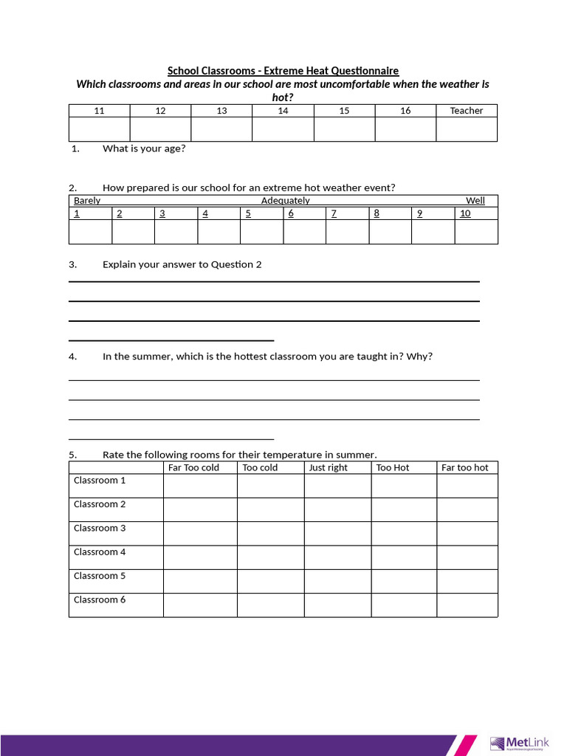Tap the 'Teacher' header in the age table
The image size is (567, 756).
tap(466, 111)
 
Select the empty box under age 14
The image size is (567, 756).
tap(283, 129)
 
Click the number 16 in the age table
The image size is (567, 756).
tap(405, 111)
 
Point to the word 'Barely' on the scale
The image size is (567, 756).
tap(87, 201)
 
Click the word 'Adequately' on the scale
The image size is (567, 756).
tap(285, 201)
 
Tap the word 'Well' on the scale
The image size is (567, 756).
tap(475, 201)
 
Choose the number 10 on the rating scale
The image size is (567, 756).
tap(465, 213)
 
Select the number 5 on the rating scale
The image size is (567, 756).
tap(248, 213)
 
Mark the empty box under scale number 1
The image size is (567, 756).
tap(90, 232)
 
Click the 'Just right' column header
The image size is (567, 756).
tap(328, 467)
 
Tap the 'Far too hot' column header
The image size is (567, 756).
tap(464, 467)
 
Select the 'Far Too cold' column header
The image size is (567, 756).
tap(193, 467)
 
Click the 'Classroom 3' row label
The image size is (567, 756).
tap(100, 528)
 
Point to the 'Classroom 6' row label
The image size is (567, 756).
tap(100, 599)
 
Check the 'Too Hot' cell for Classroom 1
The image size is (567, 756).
tap(403, 486)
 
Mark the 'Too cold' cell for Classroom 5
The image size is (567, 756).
tap(270, 581)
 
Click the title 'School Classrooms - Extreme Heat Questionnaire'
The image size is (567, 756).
tap(283, 71)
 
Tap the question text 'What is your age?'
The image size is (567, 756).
tap(144, 148)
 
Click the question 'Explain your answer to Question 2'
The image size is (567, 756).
tap(182, 264)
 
